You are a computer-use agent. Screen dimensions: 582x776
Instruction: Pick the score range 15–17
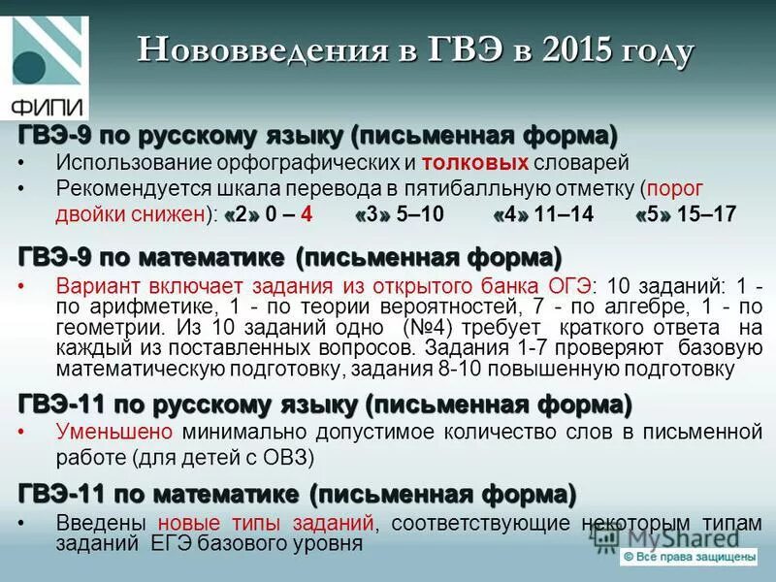pos(707,215)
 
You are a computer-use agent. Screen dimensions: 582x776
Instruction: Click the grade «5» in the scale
pos(653,215)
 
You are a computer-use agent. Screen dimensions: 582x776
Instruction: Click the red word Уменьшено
pos(114,431)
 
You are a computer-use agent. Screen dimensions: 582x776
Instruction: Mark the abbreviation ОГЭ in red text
pos(571,286)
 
